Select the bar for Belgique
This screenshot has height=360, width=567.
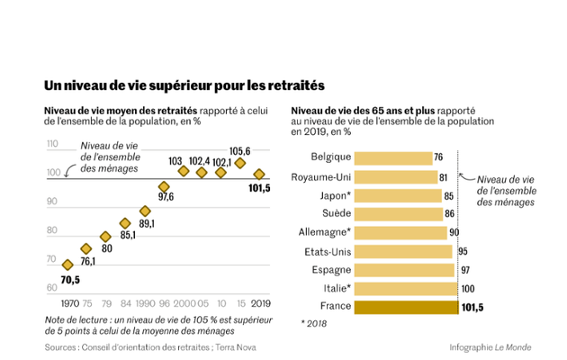tap(392, 157)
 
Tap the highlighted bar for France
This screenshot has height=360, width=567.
tap(405, 308)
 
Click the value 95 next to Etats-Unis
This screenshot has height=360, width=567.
tap(463, 252)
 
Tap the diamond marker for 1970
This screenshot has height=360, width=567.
tap(67, 265)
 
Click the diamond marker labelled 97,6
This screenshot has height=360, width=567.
tap(164, 185)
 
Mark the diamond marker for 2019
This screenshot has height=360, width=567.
tap(259, 175)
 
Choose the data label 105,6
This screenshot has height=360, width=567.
tap(240, 151)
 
